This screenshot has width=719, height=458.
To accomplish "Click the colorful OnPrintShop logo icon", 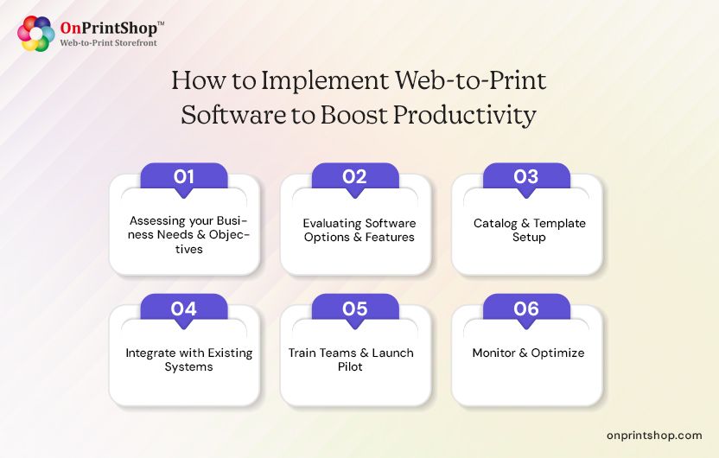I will click(x=36, y=34).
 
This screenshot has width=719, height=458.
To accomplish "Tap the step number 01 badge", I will click(x=183, y=176).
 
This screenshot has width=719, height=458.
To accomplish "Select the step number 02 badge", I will click(x=354, y=176).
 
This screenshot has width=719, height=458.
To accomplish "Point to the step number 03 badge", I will click(x=525, y=176).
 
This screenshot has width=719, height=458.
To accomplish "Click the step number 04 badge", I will click(x=183, y=309).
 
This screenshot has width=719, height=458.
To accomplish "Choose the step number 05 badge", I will click(x=354, y=309).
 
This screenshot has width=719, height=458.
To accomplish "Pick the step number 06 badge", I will click(x=525, y=309).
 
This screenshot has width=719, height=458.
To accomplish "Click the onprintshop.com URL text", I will click(x=654, y=436).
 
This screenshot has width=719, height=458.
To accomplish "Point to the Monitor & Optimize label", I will click(x=528, y=353).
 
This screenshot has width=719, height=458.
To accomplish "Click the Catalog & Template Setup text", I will click(x=529, y=230).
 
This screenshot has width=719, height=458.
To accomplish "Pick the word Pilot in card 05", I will click(x=356, y=366).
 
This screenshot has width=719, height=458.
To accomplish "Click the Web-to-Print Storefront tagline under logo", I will click(x=108, y=42).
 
